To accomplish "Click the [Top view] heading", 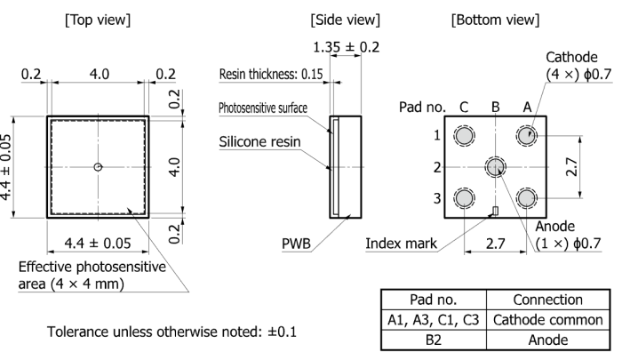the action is click(x=98, y=20).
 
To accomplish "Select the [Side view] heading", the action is click(x=345, y=20).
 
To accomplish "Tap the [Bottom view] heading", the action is click(x=495, y=20).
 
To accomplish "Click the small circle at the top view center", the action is click(x=98, y=167).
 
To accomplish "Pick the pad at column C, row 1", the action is click(x=464, y=136).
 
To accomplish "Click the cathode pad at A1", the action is click(x=526, y=136).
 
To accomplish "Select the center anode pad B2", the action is click(x=496, y=167).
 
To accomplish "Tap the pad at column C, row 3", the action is click(x=464, y=198).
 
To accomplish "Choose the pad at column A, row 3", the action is click(x=526, y=198).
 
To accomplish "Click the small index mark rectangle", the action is click(x=495, y=211).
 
